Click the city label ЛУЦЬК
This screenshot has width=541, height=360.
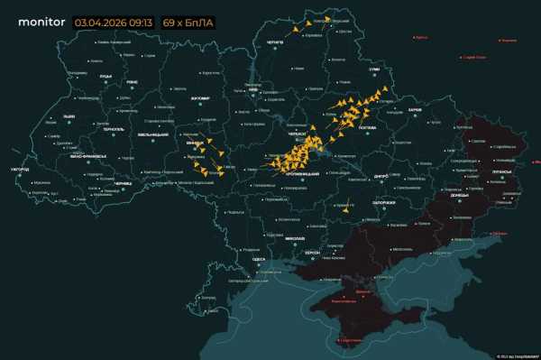pos(105,78)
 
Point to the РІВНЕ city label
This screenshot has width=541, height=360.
pos(132,82)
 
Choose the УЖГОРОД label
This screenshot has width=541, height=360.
pos(20,169)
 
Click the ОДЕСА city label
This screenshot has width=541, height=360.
pos(259,259)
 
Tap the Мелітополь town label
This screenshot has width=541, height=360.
pos(401,249)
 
